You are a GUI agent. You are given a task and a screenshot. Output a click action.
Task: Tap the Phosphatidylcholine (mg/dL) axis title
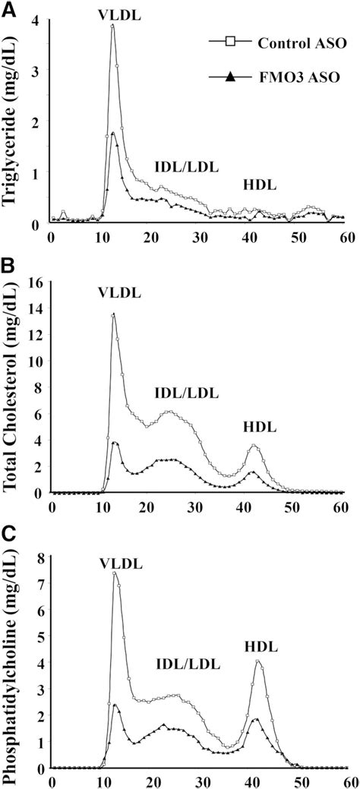coord(13,658)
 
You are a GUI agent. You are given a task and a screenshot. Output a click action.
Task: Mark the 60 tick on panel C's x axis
coord(346,781)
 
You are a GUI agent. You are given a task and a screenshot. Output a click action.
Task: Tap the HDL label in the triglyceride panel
coord(260,185)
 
